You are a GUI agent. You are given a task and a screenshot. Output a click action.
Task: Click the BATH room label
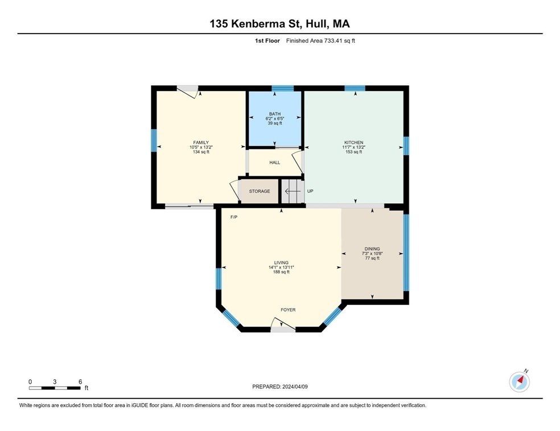point(275,114)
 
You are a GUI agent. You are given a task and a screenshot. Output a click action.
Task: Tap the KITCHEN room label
point(353,142)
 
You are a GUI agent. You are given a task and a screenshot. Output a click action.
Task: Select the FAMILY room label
point(201,142)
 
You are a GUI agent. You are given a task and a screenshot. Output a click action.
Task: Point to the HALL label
point(275,163)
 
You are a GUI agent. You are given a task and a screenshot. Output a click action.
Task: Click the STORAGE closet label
point(260,191)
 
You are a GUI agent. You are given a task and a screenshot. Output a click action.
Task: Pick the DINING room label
point(372,248)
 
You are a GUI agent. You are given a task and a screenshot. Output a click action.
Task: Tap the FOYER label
point(288,310)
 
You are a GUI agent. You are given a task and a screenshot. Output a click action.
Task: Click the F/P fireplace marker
point(234,217)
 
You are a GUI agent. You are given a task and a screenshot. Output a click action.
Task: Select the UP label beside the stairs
point(310,191)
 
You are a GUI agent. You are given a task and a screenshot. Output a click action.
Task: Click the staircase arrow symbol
point(293,191)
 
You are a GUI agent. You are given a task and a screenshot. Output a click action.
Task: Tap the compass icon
point(520,382)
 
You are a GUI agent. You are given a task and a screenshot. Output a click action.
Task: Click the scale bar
point(55,388)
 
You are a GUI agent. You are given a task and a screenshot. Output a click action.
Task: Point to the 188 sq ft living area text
point(281,272)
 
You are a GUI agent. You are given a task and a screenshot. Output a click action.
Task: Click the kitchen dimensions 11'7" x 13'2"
point(353,147)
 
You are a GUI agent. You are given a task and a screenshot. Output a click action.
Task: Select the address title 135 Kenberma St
point(256,24)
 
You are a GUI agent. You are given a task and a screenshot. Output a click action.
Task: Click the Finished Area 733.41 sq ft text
point(320,41)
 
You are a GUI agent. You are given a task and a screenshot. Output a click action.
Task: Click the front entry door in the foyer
point(283,324)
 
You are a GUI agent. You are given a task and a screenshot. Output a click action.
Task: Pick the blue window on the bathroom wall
point(282,88)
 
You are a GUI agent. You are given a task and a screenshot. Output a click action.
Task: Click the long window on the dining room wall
point(406,252)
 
